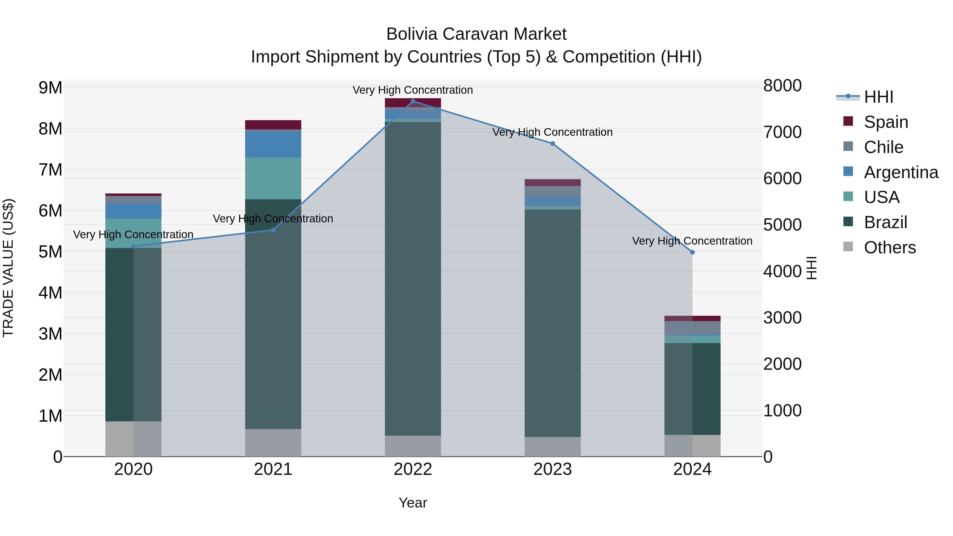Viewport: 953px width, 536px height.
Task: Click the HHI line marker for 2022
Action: (x=413, y=101)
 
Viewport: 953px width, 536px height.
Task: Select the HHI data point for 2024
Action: (x=692, y=252)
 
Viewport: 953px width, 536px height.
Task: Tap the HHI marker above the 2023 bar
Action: (x=553, y=143)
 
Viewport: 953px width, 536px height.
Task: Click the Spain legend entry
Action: (x=886, y=122)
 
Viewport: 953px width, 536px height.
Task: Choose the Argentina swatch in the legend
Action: (x=848, y=172)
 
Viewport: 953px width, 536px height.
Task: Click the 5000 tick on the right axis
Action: (x=782, y=225)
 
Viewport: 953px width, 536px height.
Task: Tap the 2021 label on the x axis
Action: (x=273, y=469)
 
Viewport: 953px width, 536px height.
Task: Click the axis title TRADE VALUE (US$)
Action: (x=8, y=268)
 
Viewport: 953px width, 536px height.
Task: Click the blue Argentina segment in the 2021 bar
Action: (x=273, y=144)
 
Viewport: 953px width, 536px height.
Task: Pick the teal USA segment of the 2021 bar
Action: (x=273, y=178)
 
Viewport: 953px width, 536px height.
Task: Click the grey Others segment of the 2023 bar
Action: (x=553, y=447)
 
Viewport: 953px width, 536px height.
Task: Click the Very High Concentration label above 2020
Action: (x=133, y=235)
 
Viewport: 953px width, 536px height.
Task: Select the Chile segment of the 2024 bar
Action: (x=692, y=328)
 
